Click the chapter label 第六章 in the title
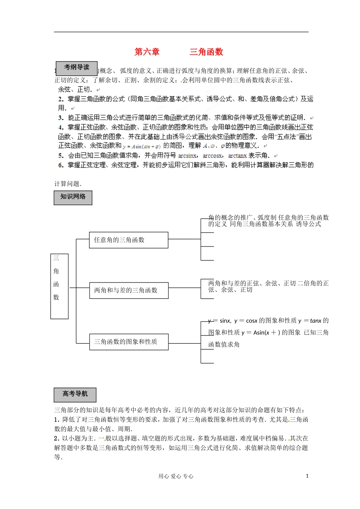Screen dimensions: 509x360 point(147,52)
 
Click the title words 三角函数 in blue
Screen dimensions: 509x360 point(207,52)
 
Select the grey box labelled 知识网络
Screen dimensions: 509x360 point(73,197)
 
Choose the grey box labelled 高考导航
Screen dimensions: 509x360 point(75,395)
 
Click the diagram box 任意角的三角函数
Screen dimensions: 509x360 point(128,240)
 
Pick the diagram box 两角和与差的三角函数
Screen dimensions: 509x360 point(128,290)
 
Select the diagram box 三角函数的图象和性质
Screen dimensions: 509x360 point(128,342)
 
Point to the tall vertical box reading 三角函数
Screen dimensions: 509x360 point(59,286)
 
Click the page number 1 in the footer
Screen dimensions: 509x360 point(307,476)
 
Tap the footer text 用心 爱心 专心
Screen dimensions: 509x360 point(176,476)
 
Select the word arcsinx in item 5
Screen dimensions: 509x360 point(187,156)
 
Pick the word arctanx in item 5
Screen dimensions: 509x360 point(238,156)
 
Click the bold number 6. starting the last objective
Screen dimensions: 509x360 point(61,165)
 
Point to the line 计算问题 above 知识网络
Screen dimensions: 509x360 point(68,184)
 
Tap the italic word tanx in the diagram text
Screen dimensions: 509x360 point(315,321)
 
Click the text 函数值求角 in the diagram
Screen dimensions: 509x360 point(224,345)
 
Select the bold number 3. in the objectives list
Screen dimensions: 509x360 point(61,118)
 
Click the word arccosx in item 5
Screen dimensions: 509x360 point(213,156)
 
